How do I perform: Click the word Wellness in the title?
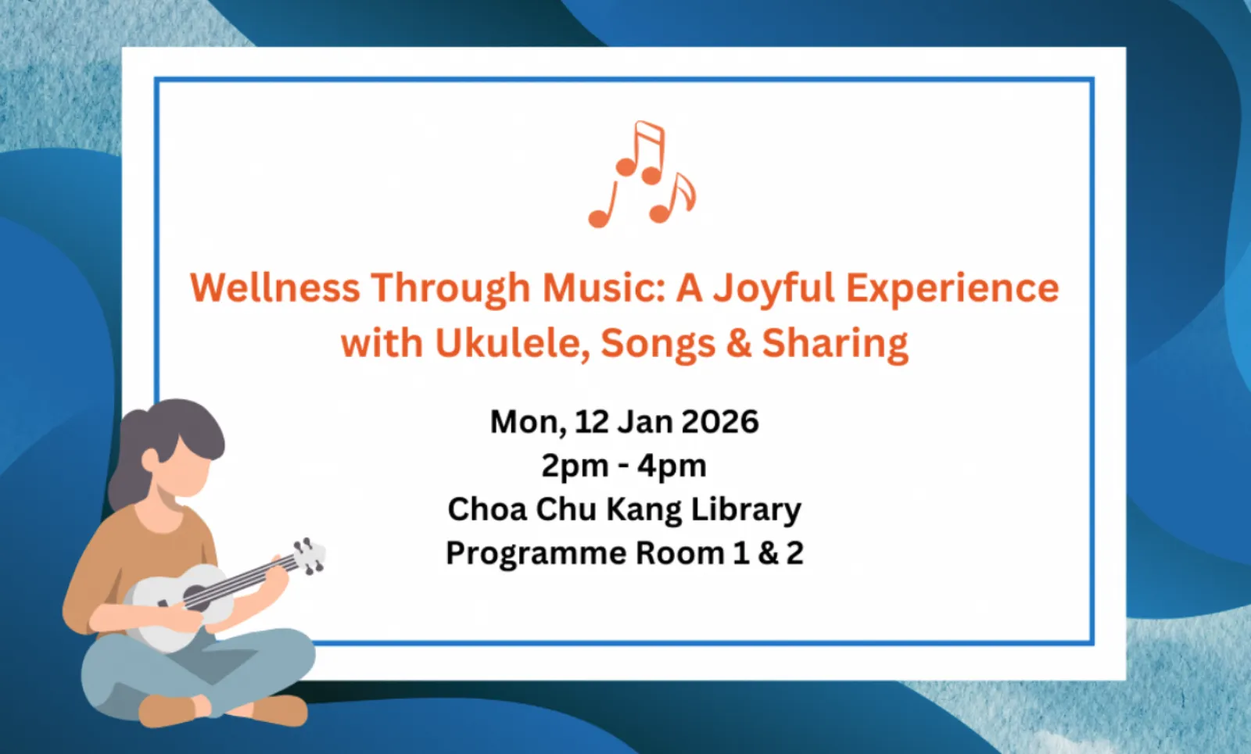click(274, 288)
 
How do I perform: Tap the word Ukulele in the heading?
click(513, 343)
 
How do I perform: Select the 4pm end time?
click(672, 466)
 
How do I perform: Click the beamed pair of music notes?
click(641, 152)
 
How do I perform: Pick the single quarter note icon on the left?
click(602, 205)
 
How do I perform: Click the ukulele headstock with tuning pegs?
click(309, 556)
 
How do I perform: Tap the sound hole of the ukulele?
click(196, 598)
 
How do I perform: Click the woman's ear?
click(150, 459)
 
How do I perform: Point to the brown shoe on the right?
click(280, 710)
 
